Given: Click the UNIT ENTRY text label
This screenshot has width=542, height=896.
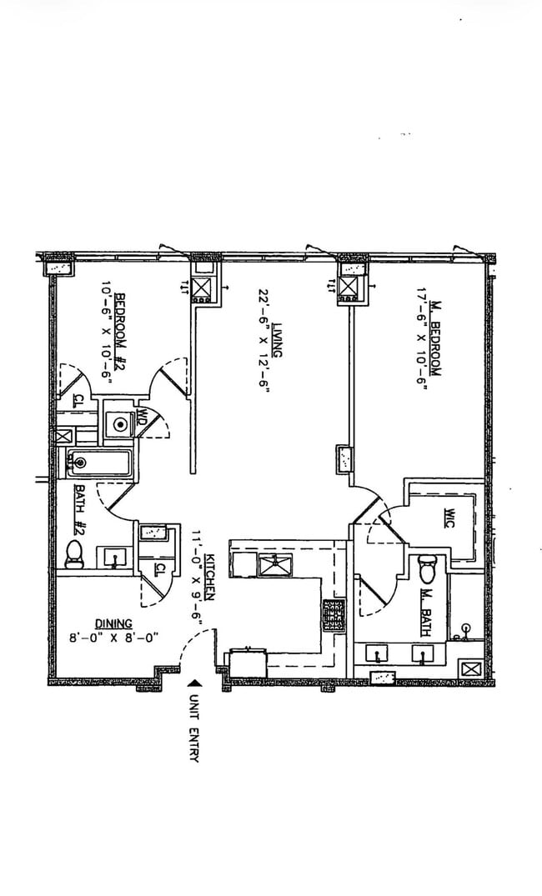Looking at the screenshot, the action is pos(195,728).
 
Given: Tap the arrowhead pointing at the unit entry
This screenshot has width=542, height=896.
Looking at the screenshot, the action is pos(195,683).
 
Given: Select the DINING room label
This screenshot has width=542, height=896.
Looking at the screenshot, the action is pos(113,623).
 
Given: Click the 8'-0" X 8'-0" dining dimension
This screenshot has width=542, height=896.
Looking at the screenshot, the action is pos(113,637).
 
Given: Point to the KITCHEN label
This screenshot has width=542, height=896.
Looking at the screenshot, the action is pos(210,576).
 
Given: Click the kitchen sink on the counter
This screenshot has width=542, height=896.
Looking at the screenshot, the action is pos(275,564).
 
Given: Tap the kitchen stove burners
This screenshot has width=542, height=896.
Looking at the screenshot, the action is pos(334,615).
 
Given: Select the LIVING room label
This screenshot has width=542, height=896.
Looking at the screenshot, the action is pos(277,339).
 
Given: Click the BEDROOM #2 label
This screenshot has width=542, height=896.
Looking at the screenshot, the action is pos(120,332).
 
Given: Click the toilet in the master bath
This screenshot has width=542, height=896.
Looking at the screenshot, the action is pos(426,568).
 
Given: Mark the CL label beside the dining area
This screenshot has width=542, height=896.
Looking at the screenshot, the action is pos(160,569).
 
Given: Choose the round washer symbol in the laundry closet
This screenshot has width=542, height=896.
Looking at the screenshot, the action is pos(120,424).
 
